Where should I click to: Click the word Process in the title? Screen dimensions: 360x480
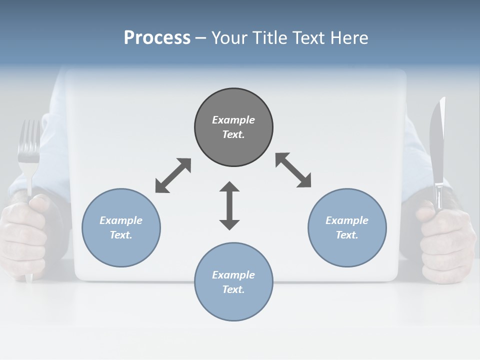pyautogui.click(x=157, y=38)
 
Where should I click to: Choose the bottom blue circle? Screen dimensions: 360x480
pyautogui.click(x=233, y=305)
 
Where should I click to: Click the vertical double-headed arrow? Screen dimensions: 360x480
pyautogui.click(x=229, y=205)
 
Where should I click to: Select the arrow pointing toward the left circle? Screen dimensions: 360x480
pyautogui.click(x=173, y=175)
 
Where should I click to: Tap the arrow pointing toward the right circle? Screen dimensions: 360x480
pyautogui.click(x=293, y=170)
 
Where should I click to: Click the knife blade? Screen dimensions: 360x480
pyautogui.click(x=437, y=140)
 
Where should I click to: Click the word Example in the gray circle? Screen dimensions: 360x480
pyautogui.click(x=233, y=120)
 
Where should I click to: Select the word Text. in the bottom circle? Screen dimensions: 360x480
pyautogui.click(x=233, y=289)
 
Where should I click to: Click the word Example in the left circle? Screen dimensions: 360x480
pyautogui.click(x=121, y=220)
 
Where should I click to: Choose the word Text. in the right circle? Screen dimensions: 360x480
pyautogui.click(x=347, y=235)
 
